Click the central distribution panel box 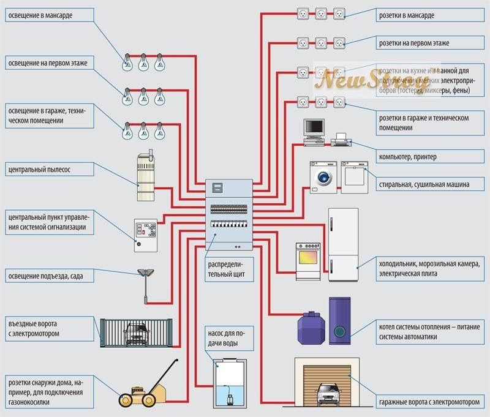pos(228,216)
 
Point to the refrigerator pos(343,245)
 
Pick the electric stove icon pos(308,261)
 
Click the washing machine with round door pos(322,177)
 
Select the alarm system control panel pos(145,235)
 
